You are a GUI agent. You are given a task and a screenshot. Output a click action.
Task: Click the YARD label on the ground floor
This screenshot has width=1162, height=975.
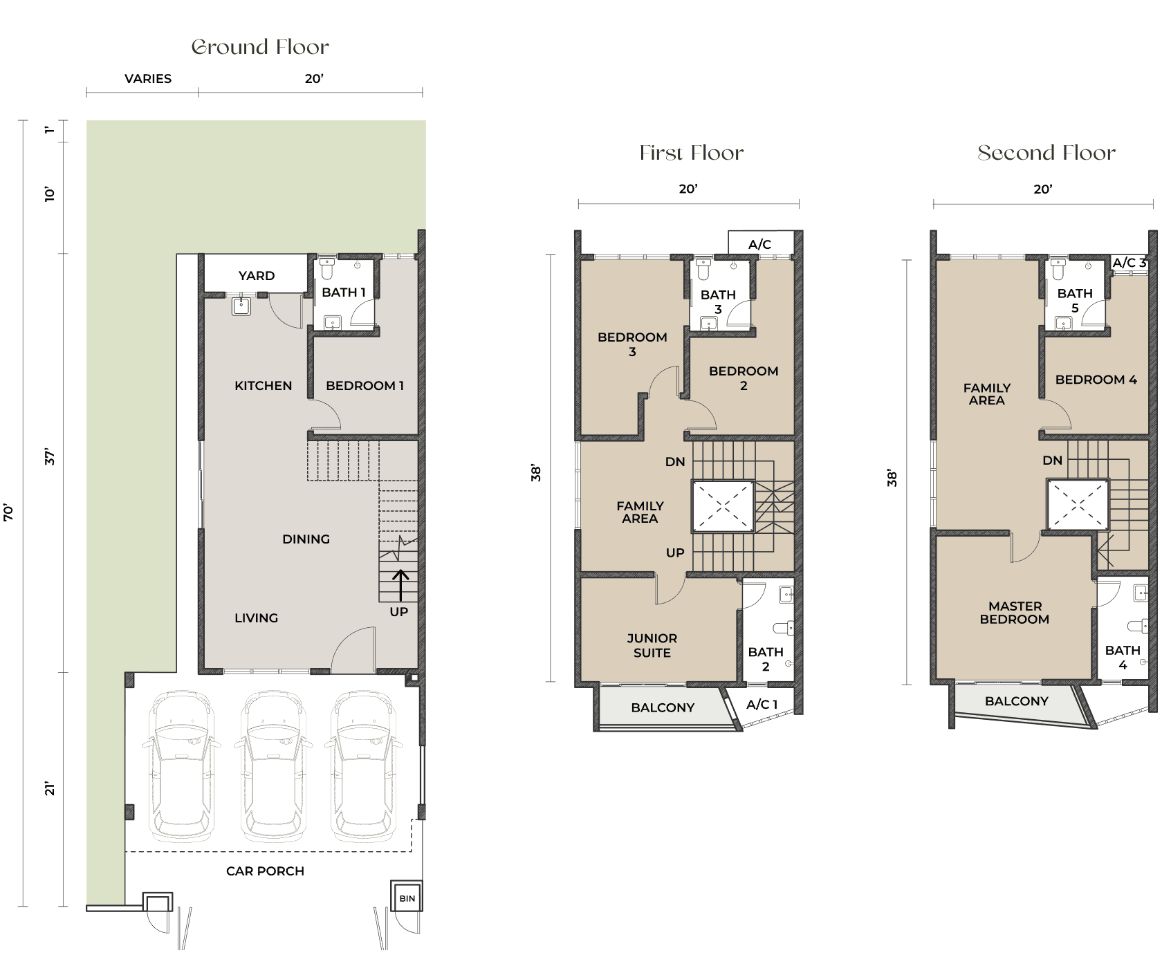coord(256,275)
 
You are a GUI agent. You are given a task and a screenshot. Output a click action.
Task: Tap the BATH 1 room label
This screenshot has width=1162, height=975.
coord(343,292)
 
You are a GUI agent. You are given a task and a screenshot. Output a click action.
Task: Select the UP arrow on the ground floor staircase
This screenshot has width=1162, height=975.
coord(400,585)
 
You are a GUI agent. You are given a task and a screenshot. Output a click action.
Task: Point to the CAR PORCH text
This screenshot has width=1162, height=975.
coord(265,871)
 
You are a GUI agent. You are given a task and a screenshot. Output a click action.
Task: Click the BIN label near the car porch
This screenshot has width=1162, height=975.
coord(407,898)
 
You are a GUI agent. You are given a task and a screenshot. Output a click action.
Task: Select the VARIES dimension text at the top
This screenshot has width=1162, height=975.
coord(148,79)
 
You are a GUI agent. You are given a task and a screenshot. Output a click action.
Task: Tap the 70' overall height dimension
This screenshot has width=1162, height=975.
coord(8,512)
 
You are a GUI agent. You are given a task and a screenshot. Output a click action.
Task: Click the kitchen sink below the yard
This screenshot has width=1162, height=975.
coord(241,305)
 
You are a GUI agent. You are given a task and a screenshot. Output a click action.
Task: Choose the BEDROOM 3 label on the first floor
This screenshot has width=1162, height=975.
coord(632,344)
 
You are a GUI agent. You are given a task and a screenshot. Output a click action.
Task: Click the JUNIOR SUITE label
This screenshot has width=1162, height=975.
coord(652,645)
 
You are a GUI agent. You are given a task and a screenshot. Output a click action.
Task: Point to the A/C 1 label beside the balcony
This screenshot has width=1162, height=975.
coord(762,705)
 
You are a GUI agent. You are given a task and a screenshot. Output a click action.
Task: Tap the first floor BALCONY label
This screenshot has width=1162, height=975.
coord(663,707)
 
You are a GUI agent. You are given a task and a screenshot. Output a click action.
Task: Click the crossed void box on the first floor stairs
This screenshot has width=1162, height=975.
coord(723,507)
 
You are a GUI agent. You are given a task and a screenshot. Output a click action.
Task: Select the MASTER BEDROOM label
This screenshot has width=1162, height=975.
coord(1014,613)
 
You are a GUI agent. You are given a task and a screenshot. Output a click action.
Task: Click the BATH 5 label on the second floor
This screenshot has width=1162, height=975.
coord(1075,300)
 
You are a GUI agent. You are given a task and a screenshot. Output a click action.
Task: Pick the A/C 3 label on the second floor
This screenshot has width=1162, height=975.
coord(1129,263)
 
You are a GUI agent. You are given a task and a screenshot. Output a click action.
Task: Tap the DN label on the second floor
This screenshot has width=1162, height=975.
coord(1052,461)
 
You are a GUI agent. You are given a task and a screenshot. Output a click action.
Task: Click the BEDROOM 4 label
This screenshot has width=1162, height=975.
coord(1096,380)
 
